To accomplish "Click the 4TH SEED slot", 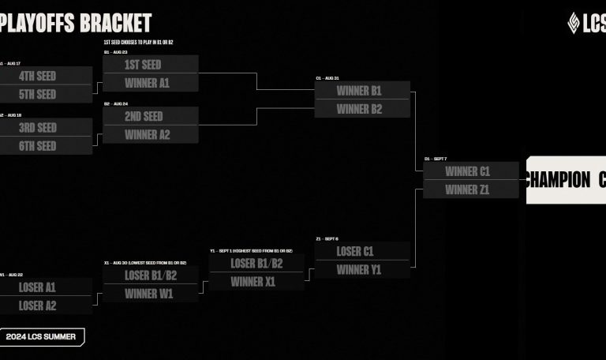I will coord(38,77).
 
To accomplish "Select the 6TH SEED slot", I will coord(38,146).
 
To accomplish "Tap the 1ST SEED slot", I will coord(143,65).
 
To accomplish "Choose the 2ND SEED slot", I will coord(143,117).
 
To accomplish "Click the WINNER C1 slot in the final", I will coord(468,171).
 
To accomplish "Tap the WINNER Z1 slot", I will coord(468,189).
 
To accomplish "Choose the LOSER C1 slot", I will coord(355,252).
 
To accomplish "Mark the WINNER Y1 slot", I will coord(359,270).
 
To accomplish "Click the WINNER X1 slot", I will coord(253,282).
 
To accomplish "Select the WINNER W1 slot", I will coord(149,294).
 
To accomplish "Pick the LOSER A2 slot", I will coord(37,306).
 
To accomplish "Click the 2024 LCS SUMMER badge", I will coord(41,337).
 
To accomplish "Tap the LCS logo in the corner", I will coord(585,22).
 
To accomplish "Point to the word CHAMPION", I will coord(557,179).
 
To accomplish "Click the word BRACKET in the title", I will coord(115,23).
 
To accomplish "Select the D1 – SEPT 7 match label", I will coord(436,159).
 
